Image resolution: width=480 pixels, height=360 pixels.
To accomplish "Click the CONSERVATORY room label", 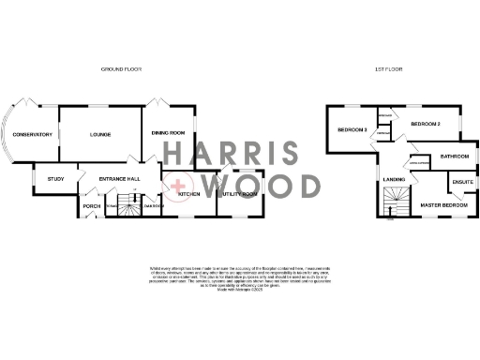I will (x=33, y=135).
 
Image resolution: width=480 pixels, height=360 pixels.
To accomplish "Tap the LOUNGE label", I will (x=100, y=135).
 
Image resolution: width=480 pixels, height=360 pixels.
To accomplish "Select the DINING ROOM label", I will (x=169, y=133).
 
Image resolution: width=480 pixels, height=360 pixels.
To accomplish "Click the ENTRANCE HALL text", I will (x=121, y=176).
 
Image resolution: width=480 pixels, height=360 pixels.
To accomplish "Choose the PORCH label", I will (x=92, y=205).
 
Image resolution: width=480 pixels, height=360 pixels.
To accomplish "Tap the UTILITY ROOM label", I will (x=240, y=193).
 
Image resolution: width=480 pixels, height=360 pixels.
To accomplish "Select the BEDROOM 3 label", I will (x=352, y=128).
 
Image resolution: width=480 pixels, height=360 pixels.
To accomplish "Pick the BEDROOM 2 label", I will (x=426, y=124).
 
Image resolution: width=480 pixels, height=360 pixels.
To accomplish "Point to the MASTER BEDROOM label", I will (x=443, y=203).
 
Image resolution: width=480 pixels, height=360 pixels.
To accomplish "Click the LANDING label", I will (x=394, y=177).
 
